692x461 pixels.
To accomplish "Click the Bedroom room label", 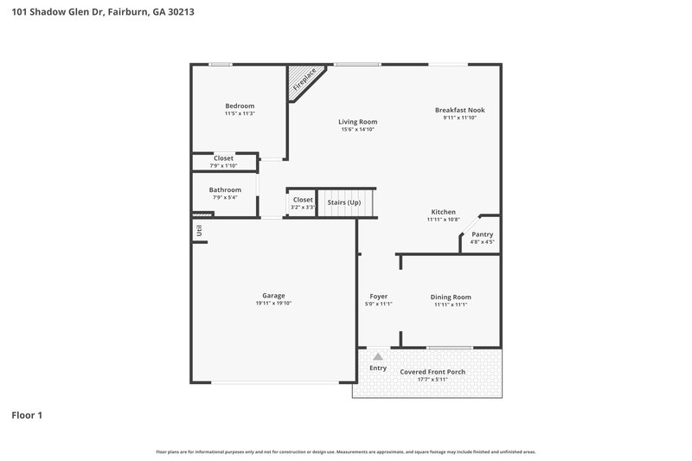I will [x=240, y=106].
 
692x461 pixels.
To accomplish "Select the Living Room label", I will [x=357, y=122].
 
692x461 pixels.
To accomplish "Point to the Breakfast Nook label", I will [x=459, y=110].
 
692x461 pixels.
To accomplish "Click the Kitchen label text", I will [x=443, y=212].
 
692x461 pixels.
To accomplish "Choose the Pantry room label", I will [x=482, y=234].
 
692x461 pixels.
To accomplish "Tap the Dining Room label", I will [x=451, y=297].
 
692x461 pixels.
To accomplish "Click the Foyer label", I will [x=378, y=297].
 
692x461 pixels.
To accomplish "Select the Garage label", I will [x=273, y=296].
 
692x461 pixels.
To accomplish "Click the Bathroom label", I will [x=225, y=189].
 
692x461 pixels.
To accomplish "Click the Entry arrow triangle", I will [x=378, y=355].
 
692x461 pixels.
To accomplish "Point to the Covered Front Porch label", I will [x=432, y=372].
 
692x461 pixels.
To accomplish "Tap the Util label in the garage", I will [x=199, y=230].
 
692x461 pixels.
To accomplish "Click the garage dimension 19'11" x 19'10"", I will [x=273, y=304].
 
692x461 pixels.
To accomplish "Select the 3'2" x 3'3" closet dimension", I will [x=303, y=208].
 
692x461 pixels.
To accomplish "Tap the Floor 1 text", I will [x=27, y=415].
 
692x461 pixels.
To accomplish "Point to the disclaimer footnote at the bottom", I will [x=346, y=451].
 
